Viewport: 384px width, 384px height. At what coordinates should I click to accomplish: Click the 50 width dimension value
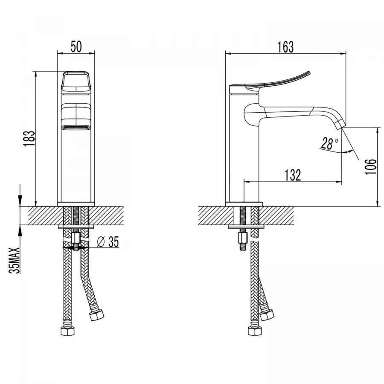point(76,47)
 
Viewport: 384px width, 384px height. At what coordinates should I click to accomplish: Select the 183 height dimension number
point(29,139)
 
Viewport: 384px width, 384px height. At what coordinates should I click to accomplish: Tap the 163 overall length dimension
point(285,47)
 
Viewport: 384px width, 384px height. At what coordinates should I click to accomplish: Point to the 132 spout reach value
point(293,175)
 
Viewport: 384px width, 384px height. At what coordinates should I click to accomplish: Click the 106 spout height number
point(370,166)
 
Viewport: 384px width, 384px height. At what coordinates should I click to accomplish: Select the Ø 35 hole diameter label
point(108,242)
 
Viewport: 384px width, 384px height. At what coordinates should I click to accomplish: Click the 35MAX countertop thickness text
point(14,261)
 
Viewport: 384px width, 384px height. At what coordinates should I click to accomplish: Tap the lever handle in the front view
point(76,82)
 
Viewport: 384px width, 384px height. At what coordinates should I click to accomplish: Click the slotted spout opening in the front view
point(76,128)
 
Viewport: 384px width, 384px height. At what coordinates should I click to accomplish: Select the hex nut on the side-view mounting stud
point(242,237)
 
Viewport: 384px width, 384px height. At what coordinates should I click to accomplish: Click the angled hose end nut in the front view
point(97,315)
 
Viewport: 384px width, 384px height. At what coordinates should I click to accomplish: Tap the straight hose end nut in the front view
point(67,331)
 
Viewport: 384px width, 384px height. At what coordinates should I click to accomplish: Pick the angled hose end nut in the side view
point(267,315)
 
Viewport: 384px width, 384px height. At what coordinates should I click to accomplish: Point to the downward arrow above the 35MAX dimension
point(20,195)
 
